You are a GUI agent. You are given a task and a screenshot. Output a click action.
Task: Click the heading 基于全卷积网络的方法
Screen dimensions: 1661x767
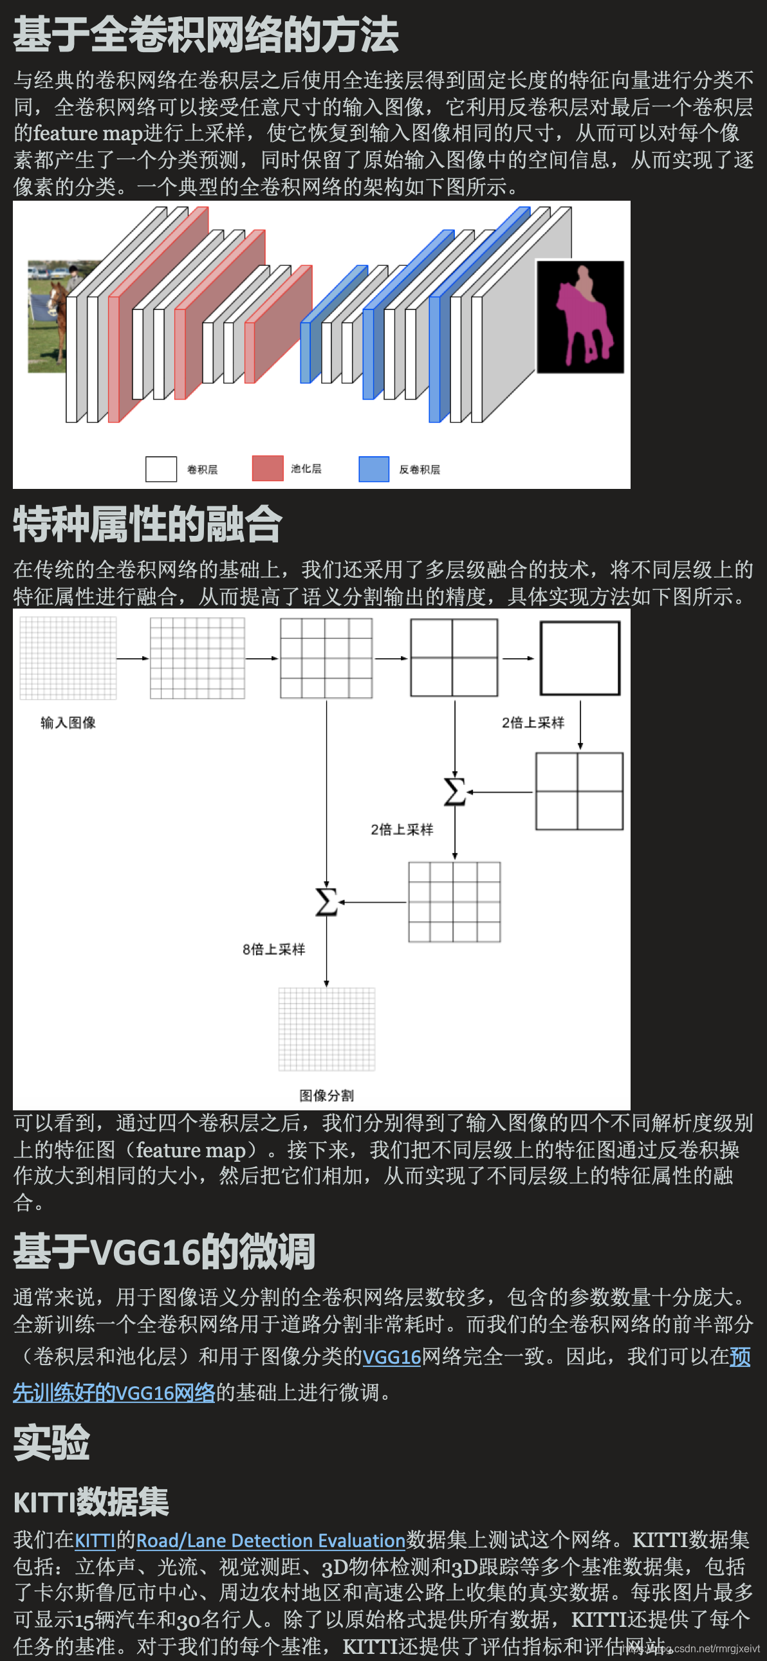[206, 35]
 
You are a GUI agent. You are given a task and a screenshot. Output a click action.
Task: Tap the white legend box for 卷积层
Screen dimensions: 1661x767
[161, 469]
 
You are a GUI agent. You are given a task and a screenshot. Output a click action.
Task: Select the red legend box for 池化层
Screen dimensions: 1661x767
[267, 468]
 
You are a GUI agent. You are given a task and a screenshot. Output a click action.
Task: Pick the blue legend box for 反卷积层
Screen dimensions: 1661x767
[373, 469]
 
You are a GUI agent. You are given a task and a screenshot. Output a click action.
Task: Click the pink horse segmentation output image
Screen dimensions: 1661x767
[580, 317]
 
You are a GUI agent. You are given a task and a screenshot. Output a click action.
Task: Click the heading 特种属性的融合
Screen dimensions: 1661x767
[148, 524]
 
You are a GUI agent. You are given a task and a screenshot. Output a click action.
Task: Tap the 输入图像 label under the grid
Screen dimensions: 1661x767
[68, 723]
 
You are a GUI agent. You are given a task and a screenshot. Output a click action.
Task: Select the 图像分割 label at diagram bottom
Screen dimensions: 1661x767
[326, 1096]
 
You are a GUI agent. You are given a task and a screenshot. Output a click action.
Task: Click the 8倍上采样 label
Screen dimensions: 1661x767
[273, 949]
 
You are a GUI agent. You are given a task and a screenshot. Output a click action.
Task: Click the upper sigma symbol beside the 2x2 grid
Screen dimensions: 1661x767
[455, 792]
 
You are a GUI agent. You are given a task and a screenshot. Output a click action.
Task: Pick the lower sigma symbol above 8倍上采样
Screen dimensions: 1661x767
[326, 901]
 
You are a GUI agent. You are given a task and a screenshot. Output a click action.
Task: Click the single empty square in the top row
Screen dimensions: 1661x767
[579, 657]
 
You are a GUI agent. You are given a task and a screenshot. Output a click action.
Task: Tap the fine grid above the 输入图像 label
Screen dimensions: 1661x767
[68, 657]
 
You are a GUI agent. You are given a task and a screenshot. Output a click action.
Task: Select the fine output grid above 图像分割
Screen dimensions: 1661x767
[326, 1029]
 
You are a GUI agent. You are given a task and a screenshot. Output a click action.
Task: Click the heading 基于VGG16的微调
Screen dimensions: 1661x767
[164, 1252]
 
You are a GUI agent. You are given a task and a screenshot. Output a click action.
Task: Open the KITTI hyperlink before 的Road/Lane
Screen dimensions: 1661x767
[95, 1541]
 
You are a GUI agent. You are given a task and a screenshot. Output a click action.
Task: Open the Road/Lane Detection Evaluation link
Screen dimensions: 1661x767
[270, 1541]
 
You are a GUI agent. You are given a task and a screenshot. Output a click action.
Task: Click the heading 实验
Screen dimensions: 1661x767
[51, 1443]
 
